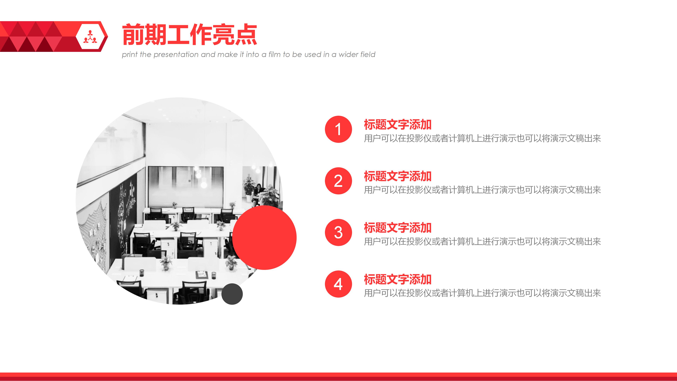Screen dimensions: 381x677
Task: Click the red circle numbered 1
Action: pyautogui.click(x=338, y=129)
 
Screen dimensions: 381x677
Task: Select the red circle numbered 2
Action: pyautogui.click(x=338, y=181)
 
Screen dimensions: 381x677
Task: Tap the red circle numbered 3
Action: pyautogui.click(x=338, y=232)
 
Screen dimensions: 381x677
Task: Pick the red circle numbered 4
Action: pyautogui.click(x=338, y=284)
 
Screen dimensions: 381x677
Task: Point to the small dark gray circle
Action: pyautogui.click(x=232, y=294)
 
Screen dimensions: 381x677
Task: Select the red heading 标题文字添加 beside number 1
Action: pyautogui.click(x=397, y=125)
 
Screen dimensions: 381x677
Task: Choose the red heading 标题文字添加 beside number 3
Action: pyautogui.click(x=397, y=228)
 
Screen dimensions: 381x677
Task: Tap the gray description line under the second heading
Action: pyautogui.click(x=482, y=190)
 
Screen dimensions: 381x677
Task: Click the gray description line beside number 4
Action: pyautogui.click(x=482, y=293)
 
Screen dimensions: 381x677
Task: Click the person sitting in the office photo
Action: pyautogui.click(x=258, y=192)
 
